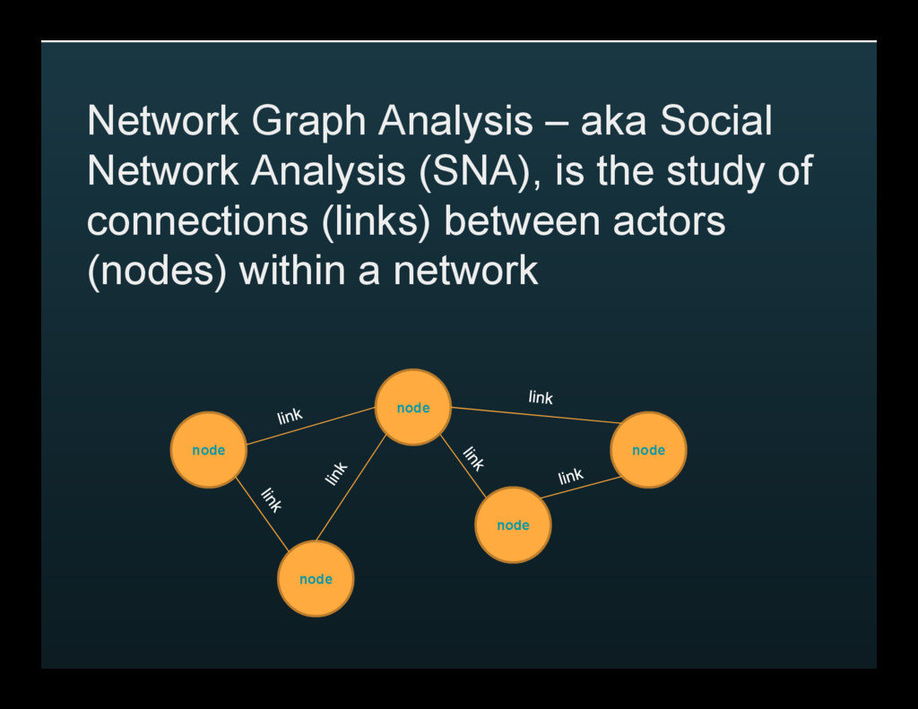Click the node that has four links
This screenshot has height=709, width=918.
(x=412, y=407)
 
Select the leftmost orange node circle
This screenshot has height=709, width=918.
(x=209, y=450)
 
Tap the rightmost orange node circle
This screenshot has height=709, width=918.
(x=648, y=450)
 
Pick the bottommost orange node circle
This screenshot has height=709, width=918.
(x=316, y=579)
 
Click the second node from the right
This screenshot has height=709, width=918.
(x=513, y=525)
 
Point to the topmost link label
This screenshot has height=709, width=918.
(x=541, y=397)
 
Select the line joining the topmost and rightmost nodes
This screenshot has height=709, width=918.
(x=536, y=415)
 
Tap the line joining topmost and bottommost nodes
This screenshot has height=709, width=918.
(x=351, y=489)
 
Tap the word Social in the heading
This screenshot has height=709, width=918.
(x=716, y=122)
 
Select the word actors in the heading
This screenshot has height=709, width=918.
(x=669, y=221)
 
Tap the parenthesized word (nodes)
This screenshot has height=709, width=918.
(x=157, y=271)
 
